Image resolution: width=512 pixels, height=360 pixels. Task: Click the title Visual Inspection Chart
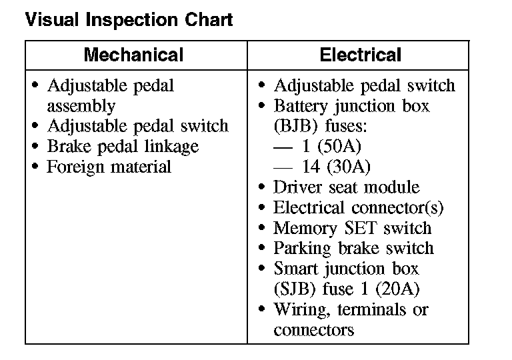(x=129, y=20)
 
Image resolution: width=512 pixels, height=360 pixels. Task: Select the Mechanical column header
(x=133, y=55)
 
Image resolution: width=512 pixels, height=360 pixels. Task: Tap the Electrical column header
(x=361, y=55)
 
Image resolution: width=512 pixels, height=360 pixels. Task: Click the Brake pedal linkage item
(x=123, y=147)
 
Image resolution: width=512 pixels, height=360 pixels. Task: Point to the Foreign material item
(x=109, y=167)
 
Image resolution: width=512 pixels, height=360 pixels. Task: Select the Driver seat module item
(x=347, y=187)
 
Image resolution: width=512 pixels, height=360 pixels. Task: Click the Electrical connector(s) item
(x=358, y=208)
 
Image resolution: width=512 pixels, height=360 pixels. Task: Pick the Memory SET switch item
(x=353, y=228)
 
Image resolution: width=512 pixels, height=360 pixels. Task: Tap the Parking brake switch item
(x=353, y=249)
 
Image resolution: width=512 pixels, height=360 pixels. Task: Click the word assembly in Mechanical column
(x=81, y=106)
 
